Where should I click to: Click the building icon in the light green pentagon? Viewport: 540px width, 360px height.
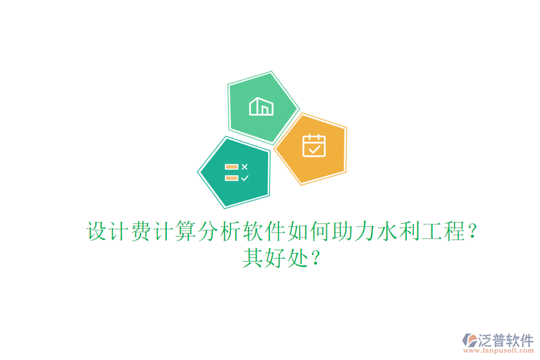tap(262, 106)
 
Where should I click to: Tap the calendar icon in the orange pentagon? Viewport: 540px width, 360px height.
tap(314, 145)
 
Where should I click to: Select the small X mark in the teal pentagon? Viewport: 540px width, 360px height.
tap(244, 166)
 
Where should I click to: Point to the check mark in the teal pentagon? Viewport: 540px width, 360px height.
tap(244, 178)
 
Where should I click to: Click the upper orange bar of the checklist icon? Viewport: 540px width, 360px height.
tap(232, 167)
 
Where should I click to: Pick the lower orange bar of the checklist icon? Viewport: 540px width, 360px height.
tap(232, 178)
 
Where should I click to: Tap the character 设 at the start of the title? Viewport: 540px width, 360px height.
tap(98, 232)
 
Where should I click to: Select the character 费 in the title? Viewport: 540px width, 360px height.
tap(141, 232)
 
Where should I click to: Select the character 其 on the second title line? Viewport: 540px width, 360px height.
tap(253, 259)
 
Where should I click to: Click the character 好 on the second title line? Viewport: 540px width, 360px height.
tap(275, 259)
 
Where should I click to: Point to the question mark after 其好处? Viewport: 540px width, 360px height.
tap(316, 259)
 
